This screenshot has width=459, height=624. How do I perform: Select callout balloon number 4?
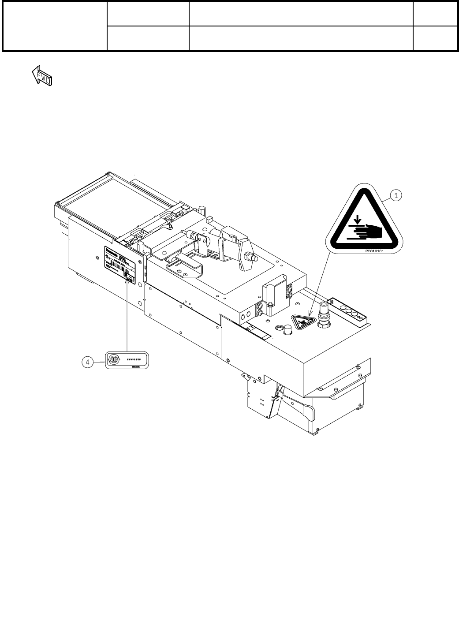[x=88, y=362]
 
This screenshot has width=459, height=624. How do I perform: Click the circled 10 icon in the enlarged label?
[x=115, y=359]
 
